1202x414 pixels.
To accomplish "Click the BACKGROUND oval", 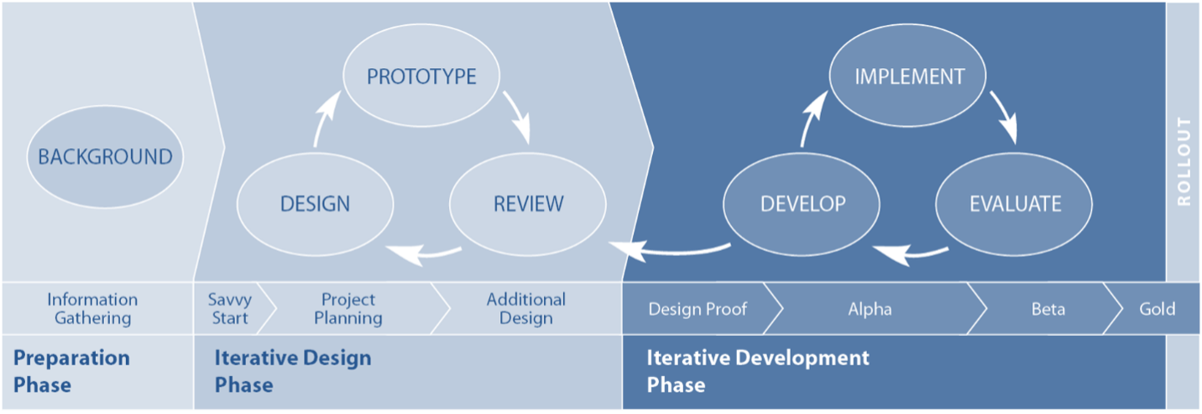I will click(105, 157).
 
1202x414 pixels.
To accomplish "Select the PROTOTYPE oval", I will click(421, 76).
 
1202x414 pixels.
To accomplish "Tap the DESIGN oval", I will click(315, 203).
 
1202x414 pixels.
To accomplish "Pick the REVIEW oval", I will click(528, 203).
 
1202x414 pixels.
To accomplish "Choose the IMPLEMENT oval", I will click(909, 76).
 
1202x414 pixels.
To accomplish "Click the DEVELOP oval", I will click(802, 203).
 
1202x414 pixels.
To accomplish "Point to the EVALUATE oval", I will click(1015, 203).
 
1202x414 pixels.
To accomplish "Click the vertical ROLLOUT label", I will click(1184, 161).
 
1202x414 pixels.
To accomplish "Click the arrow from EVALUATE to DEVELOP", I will click(911, 249).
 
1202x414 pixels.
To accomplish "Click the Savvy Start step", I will click(230, 309).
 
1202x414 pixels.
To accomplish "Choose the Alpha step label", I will click(870, 309).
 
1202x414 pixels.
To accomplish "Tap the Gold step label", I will click(1157, 309).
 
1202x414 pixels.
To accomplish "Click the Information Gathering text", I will click(92, 309).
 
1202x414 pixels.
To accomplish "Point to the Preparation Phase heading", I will click(71, 371).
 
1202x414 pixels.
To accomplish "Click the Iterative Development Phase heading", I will click(757, 371).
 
